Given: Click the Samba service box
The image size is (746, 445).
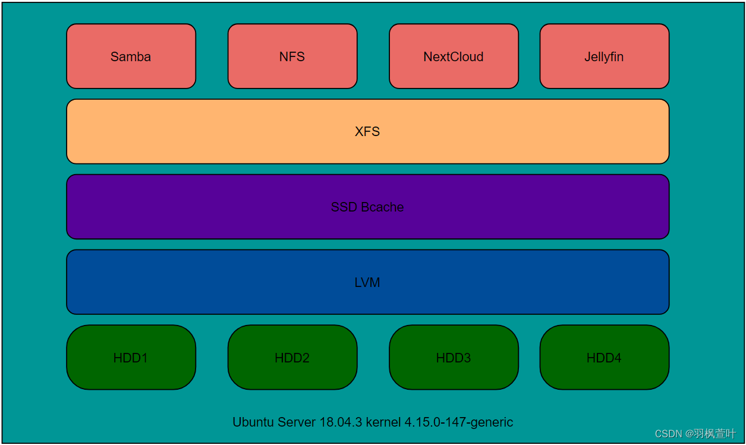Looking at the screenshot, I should tap(131, 56).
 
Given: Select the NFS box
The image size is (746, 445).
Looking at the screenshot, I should tap(292, 56).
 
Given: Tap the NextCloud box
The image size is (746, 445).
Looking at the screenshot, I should tap(454, 56).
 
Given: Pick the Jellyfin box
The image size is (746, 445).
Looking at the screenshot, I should tap(604, 56).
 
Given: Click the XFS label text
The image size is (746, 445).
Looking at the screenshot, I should tap(367, 132).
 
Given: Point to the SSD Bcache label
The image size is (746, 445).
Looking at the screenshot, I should tap(367, 207).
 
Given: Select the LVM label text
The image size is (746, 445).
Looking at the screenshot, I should tap(367, 283).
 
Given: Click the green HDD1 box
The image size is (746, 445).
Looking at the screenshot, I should tap(131, 358).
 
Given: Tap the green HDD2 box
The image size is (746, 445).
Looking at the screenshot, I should tap(292, 358).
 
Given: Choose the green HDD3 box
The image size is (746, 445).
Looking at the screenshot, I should tap(454, 358).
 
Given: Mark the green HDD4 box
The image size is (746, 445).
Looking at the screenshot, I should tap(604, 358).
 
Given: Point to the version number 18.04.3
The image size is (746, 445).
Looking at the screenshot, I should tap(340, 422).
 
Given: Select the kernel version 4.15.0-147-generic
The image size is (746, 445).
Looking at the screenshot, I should tap(459, 422).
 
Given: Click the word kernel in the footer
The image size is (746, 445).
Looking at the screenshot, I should tap(383, 422).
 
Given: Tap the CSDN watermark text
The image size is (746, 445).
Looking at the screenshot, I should tap(668, 434).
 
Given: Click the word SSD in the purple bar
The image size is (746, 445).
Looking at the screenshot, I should tap(344, 207).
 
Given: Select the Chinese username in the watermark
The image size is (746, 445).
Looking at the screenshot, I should tap(716, 434).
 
